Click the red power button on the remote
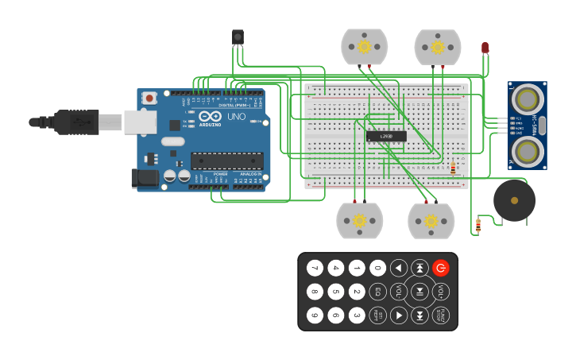point(440,268)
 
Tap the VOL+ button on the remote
point(440,292)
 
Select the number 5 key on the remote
point(336,292)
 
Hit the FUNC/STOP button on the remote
point(440,315)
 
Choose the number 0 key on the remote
point(377,268)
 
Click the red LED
point(485,48)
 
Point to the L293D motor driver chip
point(386,136)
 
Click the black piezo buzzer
point(514,200)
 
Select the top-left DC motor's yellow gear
point(364,47)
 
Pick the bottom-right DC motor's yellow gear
point(431,220)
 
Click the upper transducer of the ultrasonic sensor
point(526,99)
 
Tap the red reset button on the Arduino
point(149,98)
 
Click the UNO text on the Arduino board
point(236,117)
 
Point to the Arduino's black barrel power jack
point(145,177)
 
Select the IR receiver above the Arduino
point(238,37)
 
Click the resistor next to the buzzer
point(477,226)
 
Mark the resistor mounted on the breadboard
point(453,168)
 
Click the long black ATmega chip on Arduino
point(226,161)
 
